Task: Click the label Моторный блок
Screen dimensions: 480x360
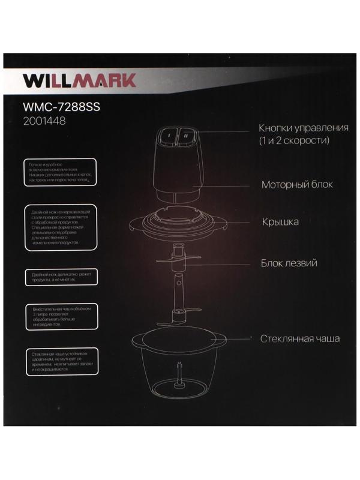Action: coord(296,184)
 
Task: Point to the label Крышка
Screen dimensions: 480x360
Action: coord(280,222)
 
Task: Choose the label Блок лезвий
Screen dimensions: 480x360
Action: coord(289,263)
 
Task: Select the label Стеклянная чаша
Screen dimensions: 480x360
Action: coord(300,338)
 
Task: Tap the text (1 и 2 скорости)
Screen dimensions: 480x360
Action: coord(295,141)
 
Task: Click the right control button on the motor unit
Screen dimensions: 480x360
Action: coord(187,136)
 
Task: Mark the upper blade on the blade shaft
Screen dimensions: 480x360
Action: coord(179,260)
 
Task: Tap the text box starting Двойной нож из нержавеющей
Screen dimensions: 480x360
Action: coord(59,228)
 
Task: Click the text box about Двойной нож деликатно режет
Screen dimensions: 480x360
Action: coord(59,277)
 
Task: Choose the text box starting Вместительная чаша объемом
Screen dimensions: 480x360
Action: coord(59,316)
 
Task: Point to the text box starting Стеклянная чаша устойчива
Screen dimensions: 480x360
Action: coord(59,362)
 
